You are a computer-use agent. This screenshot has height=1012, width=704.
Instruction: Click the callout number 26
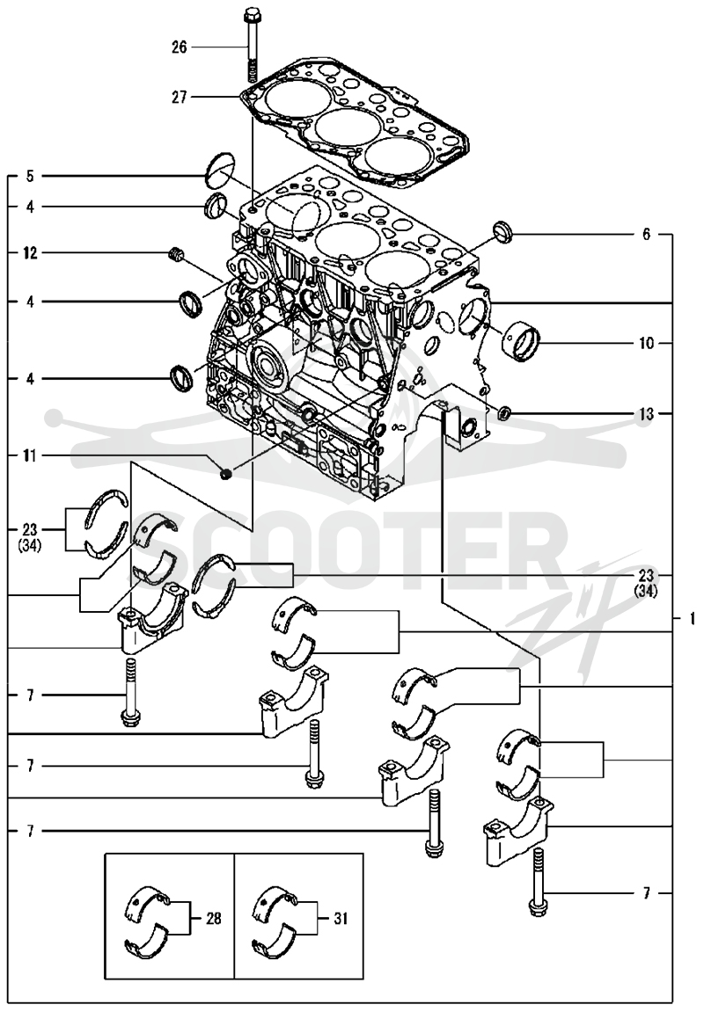click(179, 47)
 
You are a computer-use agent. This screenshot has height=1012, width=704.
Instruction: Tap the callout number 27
click(179, 98)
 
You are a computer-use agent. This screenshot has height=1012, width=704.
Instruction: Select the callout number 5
click(30, 176)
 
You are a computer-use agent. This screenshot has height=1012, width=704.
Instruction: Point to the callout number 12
click(30, 253)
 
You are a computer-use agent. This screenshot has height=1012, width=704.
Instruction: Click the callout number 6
click(647, 235)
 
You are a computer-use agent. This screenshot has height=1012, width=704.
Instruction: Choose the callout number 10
click(647, 343)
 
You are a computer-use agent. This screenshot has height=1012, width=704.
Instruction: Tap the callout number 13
click(647, 414)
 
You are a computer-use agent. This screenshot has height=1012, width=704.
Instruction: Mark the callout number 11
click(30, 456)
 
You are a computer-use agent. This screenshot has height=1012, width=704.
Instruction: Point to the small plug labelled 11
click(224, 475)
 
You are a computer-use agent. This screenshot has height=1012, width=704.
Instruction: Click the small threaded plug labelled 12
click(173, 253)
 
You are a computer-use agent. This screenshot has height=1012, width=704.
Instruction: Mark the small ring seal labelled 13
click(505, 411)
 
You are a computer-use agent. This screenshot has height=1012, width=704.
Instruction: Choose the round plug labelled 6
click(502, 230)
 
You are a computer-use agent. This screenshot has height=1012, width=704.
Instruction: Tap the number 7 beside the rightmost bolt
click(647, 892)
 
